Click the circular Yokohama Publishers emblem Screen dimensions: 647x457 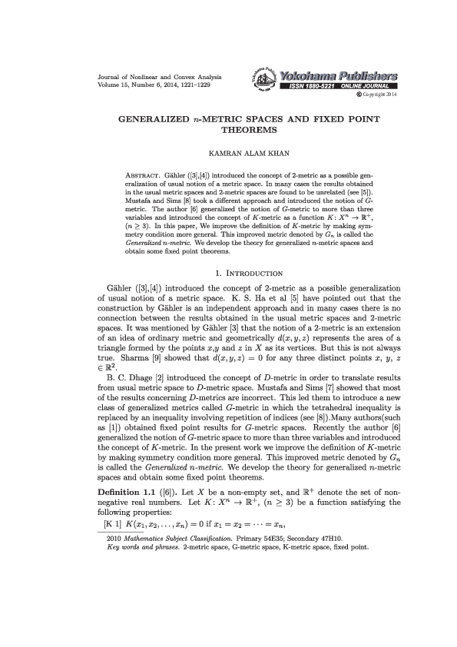pyautogui.click(x=265, y=80)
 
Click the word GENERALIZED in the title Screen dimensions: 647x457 pyautogui.click(x=150, y=121)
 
